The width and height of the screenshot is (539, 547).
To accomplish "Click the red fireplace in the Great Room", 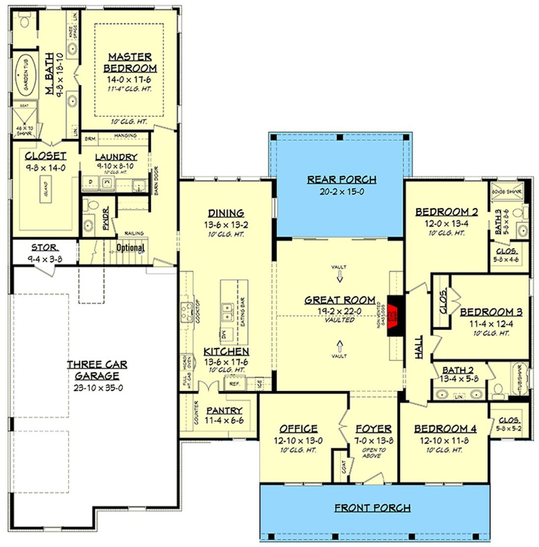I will [x=395, y=315].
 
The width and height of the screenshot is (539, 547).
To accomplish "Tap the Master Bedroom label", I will [x=130, y=62].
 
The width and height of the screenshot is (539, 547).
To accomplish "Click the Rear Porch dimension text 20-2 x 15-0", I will [x=342, y=192].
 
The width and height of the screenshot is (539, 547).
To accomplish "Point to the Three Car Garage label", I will [x=97, y=370].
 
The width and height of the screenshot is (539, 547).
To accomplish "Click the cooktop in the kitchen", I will [x=187, y=312].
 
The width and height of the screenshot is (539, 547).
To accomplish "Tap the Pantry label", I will [x=224, y=410].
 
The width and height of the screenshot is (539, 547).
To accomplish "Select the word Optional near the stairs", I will [x=131, y=247].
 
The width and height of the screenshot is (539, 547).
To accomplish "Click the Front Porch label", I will [x=372, y=508].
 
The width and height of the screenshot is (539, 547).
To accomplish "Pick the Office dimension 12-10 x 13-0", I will [x=298, y=441].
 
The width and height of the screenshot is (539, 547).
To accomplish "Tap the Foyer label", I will [x=374, y=429].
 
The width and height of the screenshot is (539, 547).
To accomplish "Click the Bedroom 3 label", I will [x=491, y=312].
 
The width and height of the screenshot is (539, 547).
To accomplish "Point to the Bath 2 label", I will [x=458, y=370].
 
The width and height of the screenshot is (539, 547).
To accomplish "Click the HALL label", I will [x=419, y=347].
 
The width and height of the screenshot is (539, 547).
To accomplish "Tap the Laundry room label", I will [x=116, y=157].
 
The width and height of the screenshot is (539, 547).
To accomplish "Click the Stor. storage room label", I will [x=45, y=247].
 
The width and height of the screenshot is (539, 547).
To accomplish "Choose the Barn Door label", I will [x=157, y=180].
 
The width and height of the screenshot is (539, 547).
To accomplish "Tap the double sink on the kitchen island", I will [x=227, y=312].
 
